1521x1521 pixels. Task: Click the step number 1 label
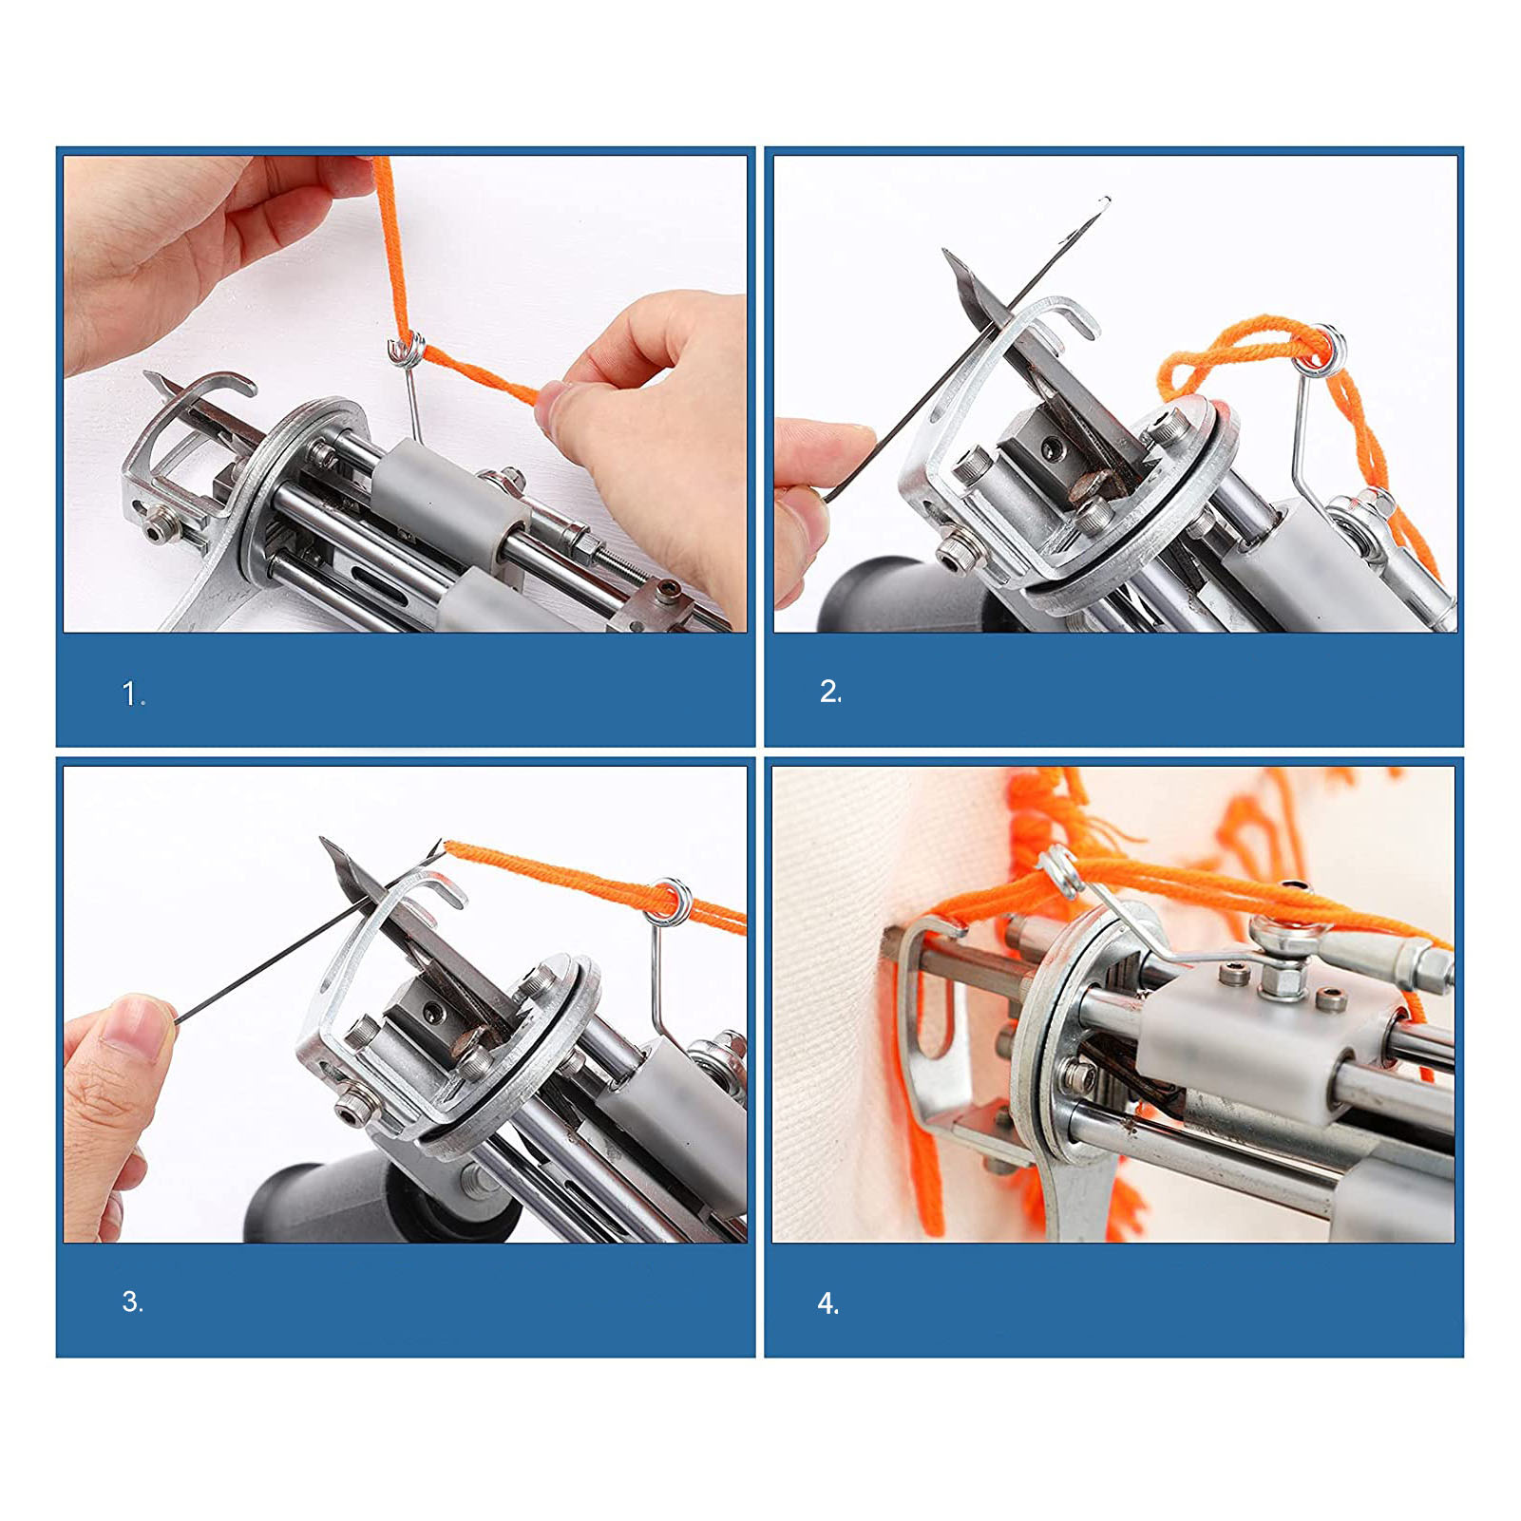[133, 695]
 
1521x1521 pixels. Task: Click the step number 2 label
[830, 692]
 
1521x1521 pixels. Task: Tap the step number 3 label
[132, 1302]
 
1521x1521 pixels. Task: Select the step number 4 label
[827, 1303]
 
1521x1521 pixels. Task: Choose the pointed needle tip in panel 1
[148, 377]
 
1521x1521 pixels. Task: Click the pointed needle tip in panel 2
[946, 254]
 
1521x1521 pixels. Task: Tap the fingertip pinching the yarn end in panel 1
[559, 404]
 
